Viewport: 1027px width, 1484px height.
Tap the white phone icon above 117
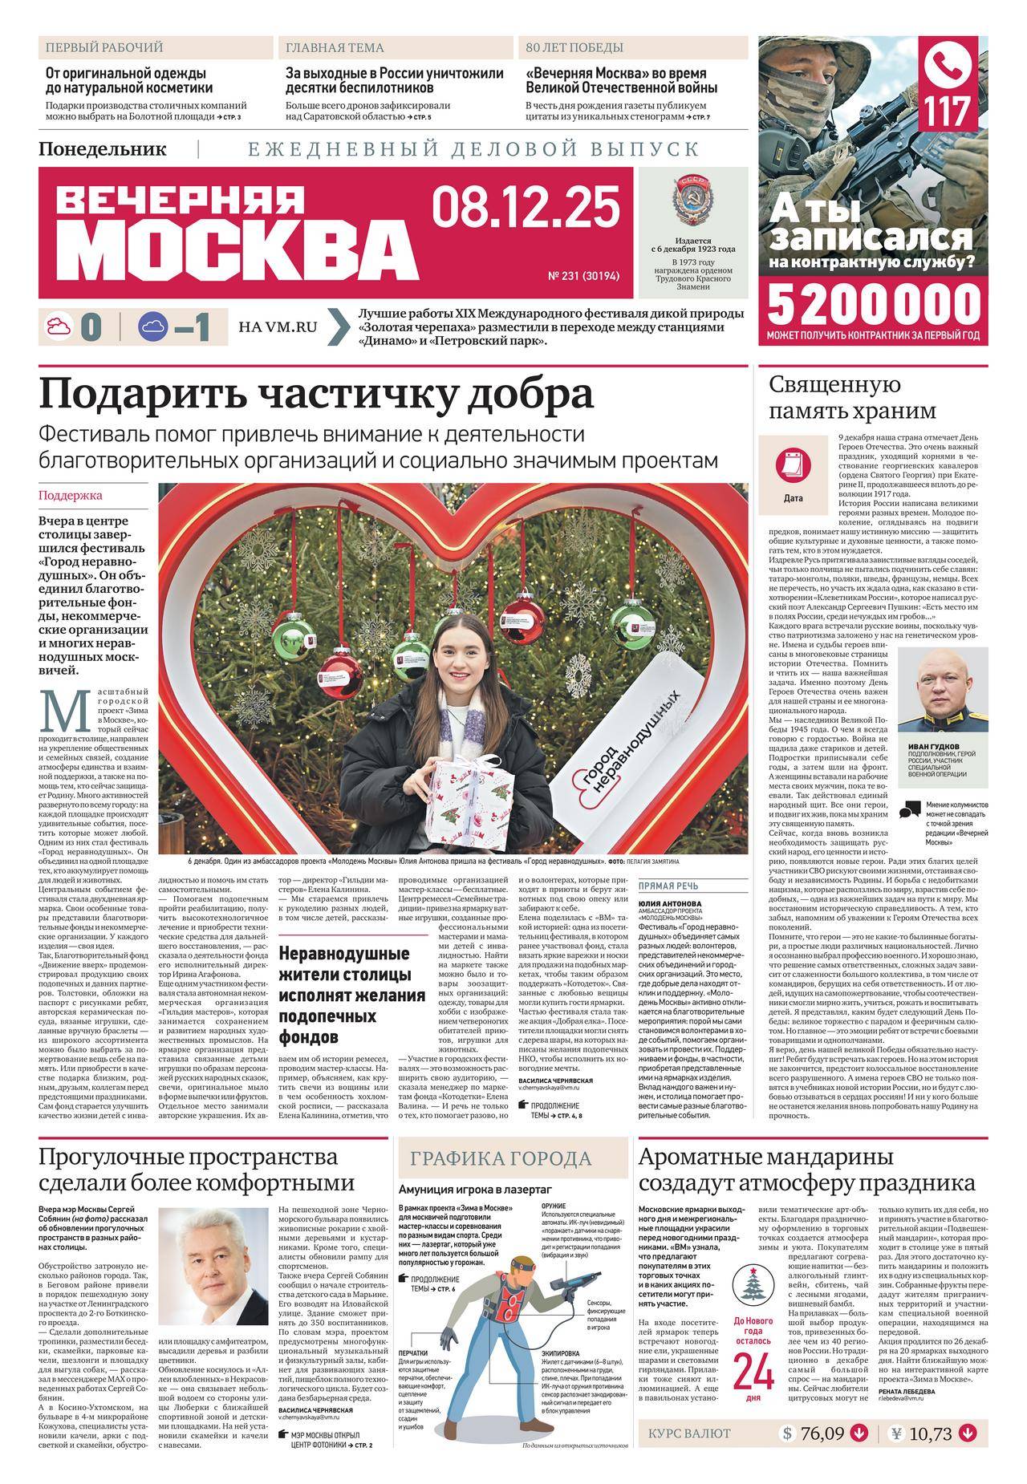click(x=952, y=67)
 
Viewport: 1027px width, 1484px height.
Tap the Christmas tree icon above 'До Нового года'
click(x=753, y=1284)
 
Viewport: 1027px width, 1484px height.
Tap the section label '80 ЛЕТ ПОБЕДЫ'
click(x=574, y=48)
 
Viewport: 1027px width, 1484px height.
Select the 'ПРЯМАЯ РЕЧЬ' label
click(x=668, y=886)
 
